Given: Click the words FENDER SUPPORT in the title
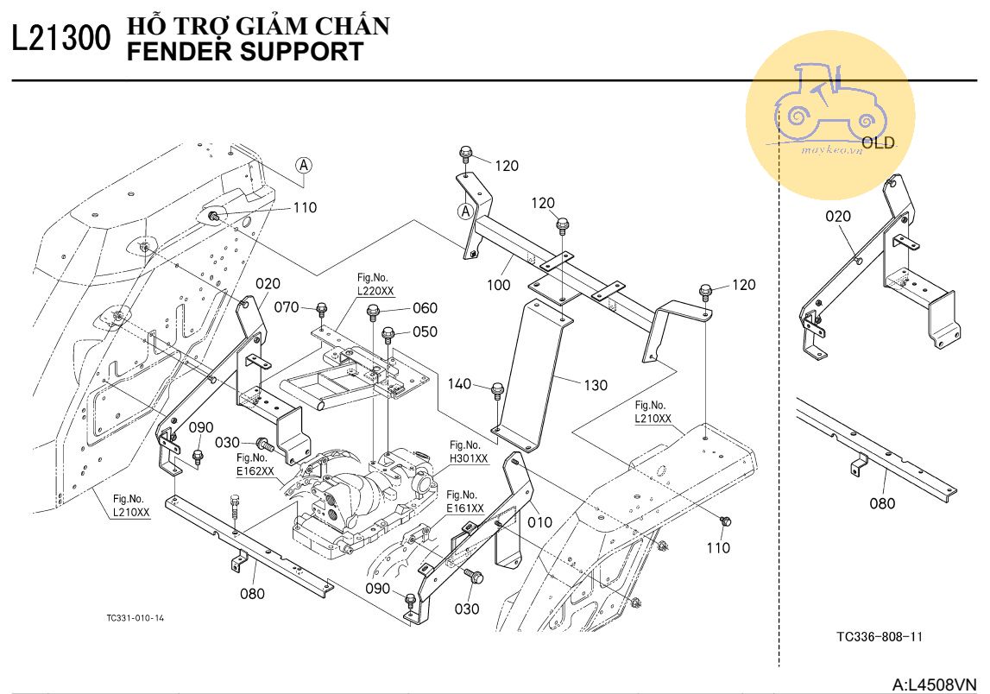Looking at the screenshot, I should pyautogui.click(x=245, y=52).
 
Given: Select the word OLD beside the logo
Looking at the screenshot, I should pyautogui.click(x=878, y=143).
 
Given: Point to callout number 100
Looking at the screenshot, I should pyautogui.click(x=498, y=285).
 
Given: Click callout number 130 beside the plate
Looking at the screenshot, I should pyautogui.click(x=595, y=386).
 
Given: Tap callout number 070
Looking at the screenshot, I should pyautogui.click(x=287, y=306).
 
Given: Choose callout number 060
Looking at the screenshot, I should pyautogui.click(x=425, y=308).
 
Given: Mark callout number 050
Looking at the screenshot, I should pyautogui.click(x=425, y=331).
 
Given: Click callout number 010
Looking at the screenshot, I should pyautogui.click(x=539, y=522).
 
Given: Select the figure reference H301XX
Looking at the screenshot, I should pyautogui.click(x=469, y=458).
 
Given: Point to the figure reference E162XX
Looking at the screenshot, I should pyautogui.click(x=255, y=470).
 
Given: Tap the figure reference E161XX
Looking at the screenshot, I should pyautogui.click(x=465, y=508).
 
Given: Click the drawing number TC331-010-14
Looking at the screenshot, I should pyautogui.click(x=135, y=617).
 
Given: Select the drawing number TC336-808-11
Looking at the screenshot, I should pyautogui.click(x=880, y=637).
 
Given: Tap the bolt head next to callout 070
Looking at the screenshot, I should pyautogui.click(x=321, y=308).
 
